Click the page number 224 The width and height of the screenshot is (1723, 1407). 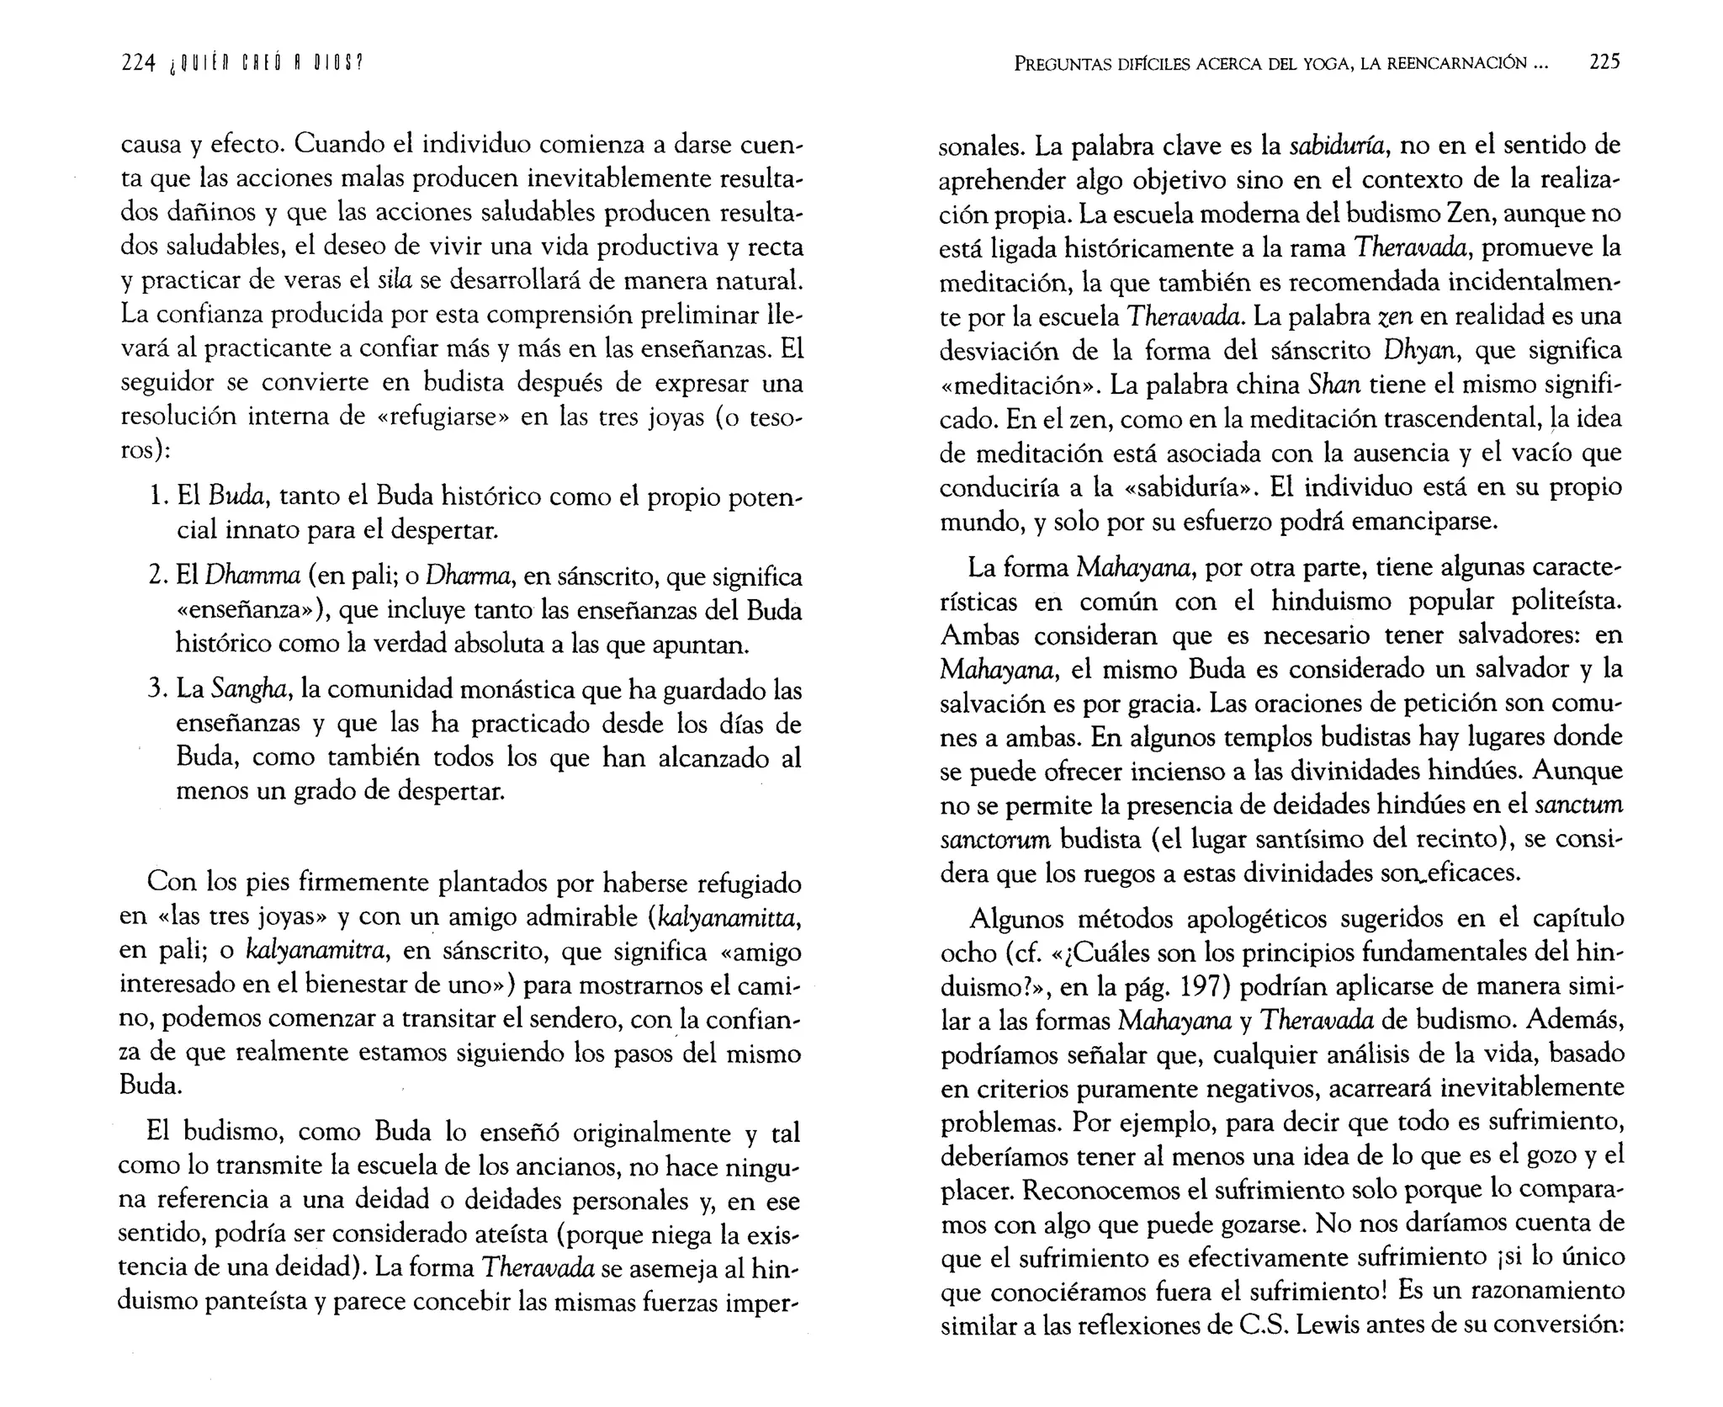(138, 63)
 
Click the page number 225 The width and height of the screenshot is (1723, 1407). (1604, 61)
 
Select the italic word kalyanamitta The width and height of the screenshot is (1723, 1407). (726, 917)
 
